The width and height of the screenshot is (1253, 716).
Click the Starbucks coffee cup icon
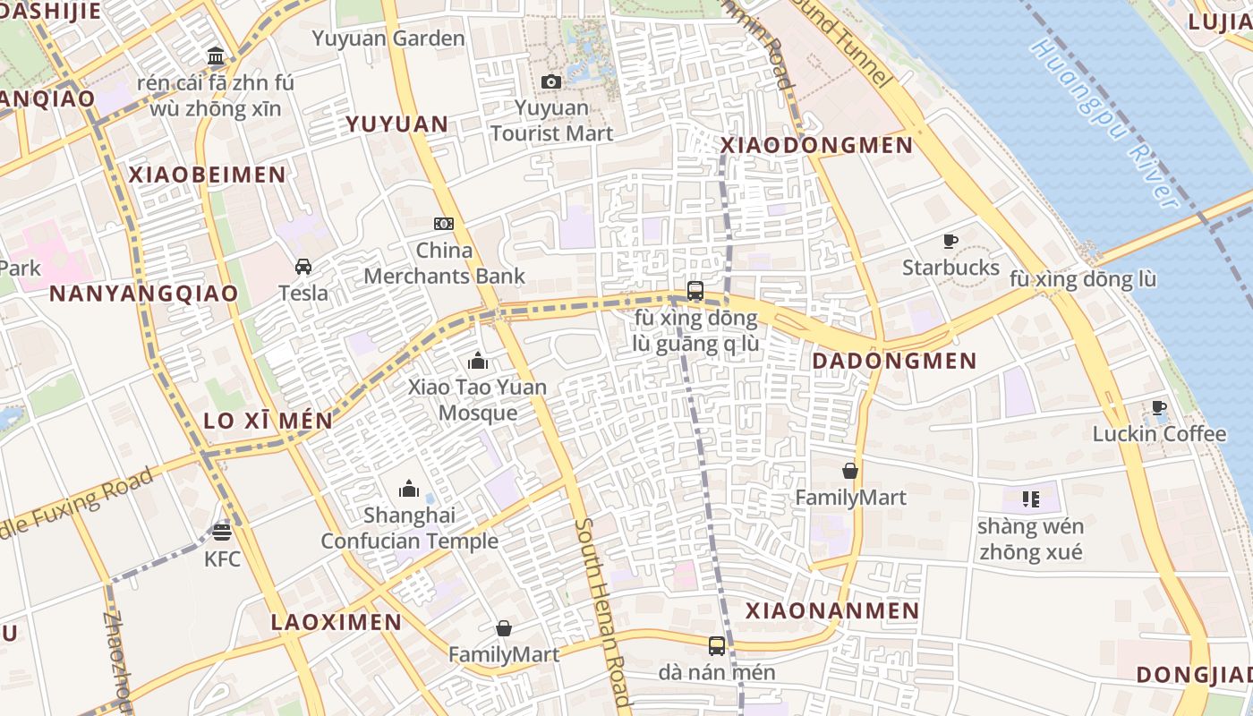[x=950, y=241]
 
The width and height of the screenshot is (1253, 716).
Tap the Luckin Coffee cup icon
[x=1159, y=408]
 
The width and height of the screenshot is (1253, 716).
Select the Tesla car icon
[x=303, y=267]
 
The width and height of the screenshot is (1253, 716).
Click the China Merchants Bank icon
[x=444, y=223]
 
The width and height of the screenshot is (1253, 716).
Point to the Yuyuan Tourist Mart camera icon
[x=551, y=82]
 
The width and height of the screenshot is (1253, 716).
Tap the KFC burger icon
[x=222, y=533]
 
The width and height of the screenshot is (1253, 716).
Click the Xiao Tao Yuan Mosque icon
[x=478, y=362]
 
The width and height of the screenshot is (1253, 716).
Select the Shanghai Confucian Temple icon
[x=409, y=489]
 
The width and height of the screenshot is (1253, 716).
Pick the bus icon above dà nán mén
[x=717, y=645]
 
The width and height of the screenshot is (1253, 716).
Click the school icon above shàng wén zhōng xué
[x=1030, y=499]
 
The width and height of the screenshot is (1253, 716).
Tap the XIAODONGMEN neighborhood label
[x=816, y=145]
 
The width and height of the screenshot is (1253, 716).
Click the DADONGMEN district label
[x=893, y=361]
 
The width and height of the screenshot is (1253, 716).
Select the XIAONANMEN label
[x=832, y=610]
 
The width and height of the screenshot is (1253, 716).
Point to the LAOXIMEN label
[x=337, y=621]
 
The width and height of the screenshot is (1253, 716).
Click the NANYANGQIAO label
[x=143, y=294]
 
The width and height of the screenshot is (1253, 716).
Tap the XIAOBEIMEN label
[x=207, y=175]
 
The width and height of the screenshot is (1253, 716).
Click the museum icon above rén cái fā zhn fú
[x=216, y=57]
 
